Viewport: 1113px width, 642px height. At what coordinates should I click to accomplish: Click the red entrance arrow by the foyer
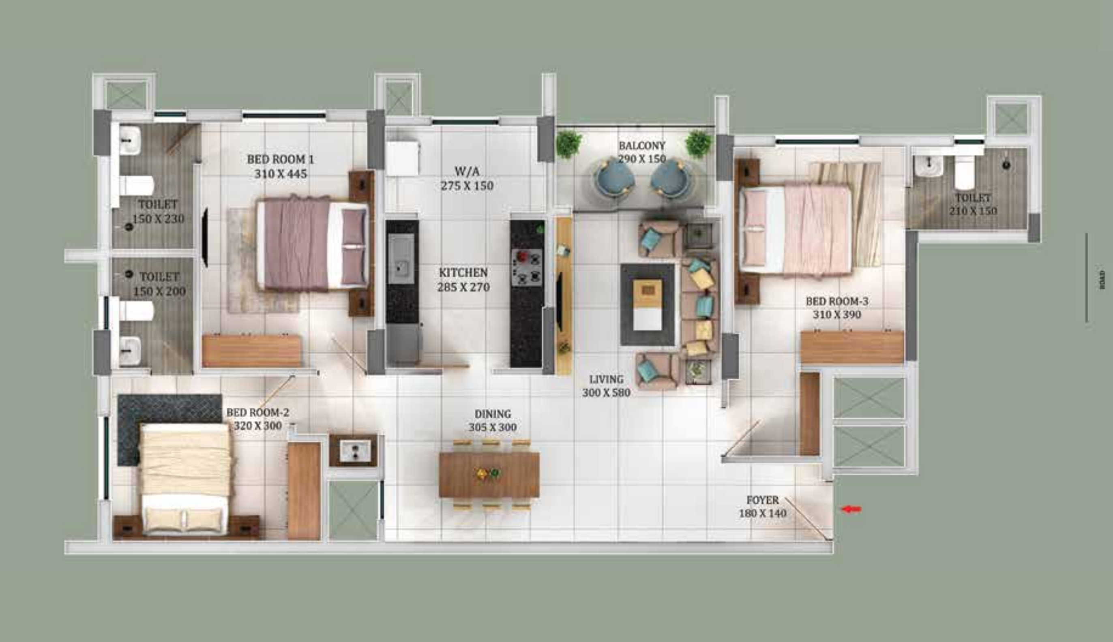[851, 509]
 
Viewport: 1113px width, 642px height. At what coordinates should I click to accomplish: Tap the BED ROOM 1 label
[281, 166]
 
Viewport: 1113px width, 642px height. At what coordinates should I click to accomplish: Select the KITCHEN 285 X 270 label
[463, 280]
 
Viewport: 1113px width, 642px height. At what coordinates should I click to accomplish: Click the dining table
[489, 475]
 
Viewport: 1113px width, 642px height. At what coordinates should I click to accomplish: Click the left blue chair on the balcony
[614, 179]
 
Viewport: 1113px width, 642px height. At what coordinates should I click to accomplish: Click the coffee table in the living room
[648, 304]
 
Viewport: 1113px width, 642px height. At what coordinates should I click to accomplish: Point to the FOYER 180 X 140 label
[763, 507]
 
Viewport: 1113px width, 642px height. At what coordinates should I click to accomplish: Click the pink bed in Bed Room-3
[796, 229]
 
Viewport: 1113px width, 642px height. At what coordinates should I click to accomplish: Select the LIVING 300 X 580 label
[606, 386]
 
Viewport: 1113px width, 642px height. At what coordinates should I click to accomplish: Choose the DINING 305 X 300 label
[493, 420]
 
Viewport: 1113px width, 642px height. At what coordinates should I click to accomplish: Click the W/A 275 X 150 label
[467, 178]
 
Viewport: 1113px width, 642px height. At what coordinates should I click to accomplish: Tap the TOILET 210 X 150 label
[973, 204]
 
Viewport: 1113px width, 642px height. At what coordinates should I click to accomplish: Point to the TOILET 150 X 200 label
[159, 284]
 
